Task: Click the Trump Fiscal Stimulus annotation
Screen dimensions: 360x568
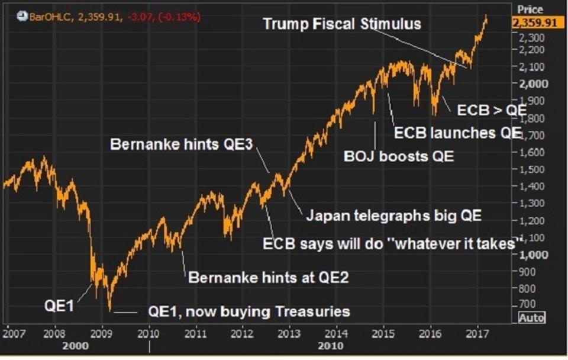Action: [x=342, y=24]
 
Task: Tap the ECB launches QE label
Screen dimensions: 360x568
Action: [x=458, y=133]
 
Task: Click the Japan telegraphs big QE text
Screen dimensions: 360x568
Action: [x=394, y=215]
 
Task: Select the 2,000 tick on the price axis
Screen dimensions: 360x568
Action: [x=533, y=83]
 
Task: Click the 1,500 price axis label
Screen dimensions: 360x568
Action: [x=533, y=169]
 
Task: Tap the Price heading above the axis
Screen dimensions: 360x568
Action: [x=530, y=9]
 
